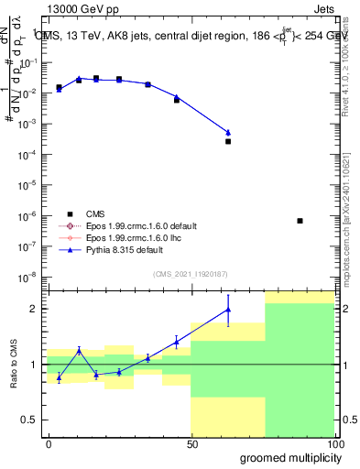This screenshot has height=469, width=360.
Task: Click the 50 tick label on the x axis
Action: [x=192, y=443]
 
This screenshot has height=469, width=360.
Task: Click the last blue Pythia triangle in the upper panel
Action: [x=228, y=133]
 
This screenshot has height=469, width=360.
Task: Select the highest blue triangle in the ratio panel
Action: [x=228, y=310]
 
